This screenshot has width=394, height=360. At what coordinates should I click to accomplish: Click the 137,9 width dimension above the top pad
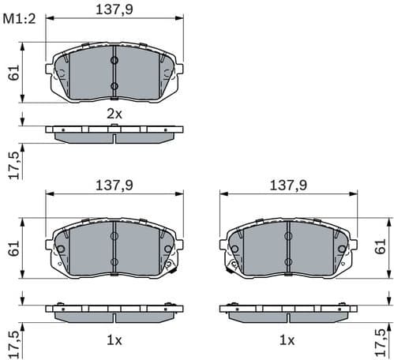(x=114, y=9)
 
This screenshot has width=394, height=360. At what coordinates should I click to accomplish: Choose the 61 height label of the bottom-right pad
(x=381, y=247)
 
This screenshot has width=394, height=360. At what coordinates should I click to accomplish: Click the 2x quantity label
(x=114, y=114)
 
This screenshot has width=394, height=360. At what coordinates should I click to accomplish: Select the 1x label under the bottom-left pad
(x=114, y=340)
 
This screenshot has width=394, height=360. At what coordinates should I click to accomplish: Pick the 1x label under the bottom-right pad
(x=288, y=340)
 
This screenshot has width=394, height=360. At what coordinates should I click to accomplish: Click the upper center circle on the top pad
(x=114, y=60)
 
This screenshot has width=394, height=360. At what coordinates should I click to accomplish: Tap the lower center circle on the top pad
(x=114, y=85)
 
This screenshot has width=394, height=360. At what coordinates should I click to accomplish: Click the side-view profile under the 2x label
(x=114, y=133)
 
